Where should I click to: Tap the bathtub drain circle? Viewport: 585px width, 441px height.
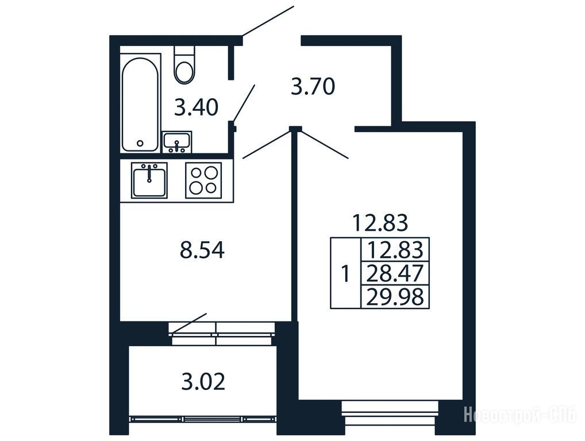(140, 143)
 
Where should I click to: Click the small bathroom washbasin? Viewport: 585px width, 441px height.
(177, 142)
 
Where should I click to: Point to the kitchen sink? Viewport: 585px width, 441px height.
(149, 180)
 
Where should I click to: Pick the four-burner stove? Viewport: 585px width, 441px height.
(203, 180)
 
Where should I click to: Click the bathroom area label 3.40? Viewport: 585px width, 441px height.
(196, 107)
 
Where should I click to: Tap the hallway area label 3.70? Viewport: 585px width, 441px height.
(313, 87)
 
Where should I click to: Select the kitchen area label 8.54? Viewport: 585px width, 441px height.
(202, 250)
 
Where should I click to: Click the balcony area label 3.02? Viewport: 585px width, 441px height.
(203, 382)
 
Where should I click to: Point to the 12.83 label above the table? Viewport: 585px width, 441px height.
(380, 223)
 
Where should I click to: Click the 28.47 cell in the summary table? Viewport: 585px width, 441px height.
(395, 273)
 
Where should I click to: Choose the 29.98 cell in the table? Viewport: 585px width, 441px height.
(395, 297)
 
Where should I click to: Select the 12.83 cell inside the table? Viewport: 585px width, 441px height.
(395, 250)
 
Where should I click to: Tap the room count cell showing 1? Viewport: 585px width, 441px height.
(346, 273)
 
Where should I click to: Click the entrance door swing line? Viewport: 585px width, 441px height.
(268, 21)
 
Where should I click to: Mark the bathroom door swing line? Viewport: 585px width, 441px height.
(244, 103)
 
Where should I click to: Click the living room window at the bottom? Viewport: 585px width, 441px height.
(390, 413)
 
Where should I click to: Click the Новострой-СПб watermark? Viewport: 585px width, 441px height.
(519, 415)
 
